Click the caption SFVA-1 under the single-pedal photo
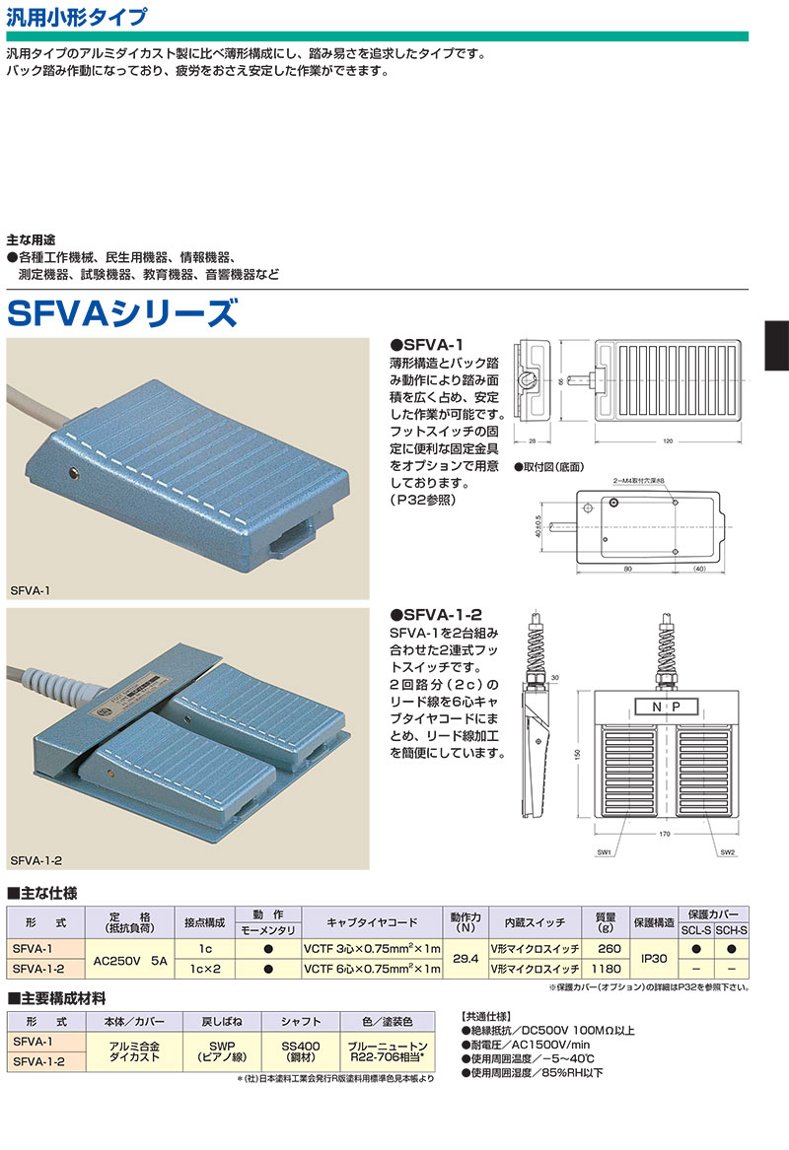pyautogui.click(x=31, y=589)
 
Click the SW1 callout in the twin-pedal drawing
pyautogui.click(x=605, y=852)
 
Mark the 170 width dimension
pyautogui.click(x=664, y=835)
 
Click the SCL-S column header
pyautogui.click(x=696, y=930)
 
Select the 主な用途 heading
pyautogui.click(x=31, y=239)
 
